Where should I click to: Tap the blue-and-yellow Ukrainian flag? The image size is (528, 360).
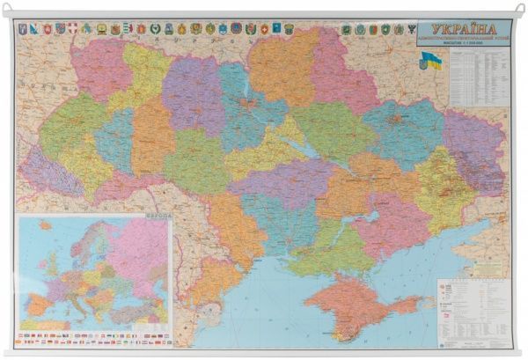(x=430, y=61)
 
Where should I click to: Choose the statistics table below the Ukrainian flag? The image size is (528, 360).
(x=478, y=88)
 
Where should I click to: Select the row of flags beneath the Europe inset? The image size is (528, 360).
(x=95, y=337)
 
